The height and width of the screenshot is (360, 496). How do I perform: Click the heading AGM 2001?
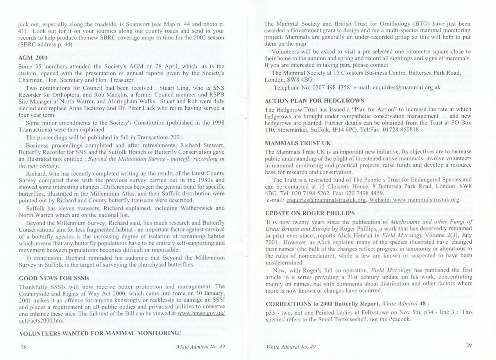point(31,57)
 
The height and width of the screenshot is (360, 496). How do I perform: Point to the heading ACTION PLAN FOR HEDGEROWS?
point(314,100)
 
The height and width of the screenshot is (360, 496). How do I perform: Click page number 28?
point(24,348)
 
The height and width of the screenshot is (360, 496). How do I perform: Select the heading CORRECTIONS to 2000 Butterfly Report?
point(323,304)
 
